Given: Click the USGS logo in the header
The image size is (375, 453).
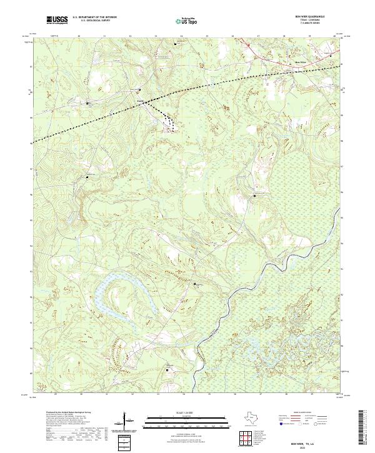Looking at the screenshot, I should pos(57,21).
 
